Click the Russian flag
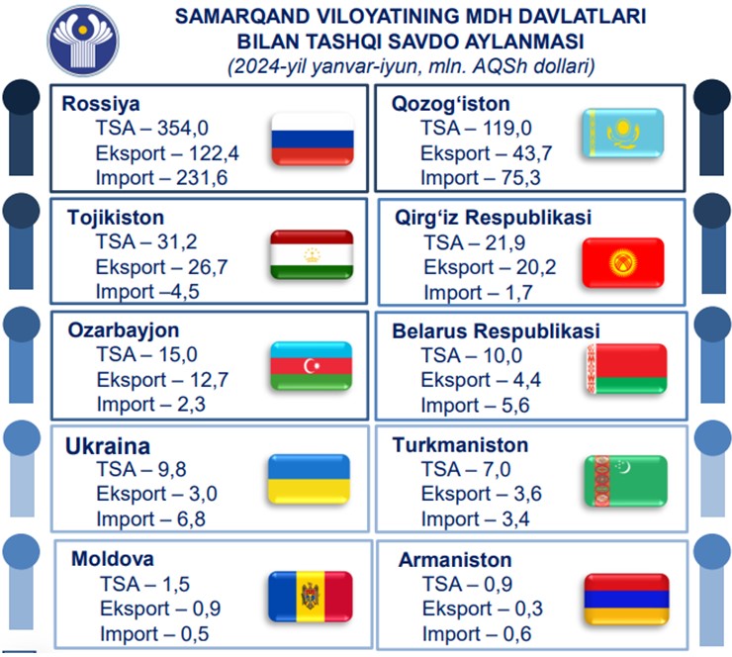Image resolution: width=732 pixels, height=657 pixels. [313, 139]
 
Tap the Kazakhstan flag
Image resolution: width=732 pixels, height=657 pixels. [623, 133]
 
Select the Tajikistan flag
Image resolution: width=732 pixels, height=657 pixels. [312, 254]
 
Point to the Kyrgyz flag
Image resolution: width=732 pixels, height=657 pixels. [623, 262]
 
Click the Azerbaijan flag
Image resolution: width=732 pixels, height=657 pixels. [312, 366]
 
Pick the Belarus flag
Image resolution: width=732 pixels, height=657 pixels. [626, 368]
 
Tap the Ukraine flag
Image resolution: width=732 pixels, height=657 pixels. [309, 479]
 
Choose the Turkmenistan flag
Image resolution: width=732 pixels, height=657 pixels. [625, 481]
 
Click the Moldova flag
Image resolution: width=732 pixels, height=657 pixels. [311, 597]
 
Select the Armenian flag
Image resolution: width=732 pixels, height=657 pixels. [626, 600]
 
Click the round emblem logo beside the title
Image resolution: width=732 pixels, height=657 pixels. [83, 41]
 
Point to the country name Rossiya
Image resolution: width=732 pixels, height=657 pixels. [101, 104]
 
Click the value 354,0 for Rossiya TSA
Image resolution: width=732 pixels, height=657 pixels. [183, 128]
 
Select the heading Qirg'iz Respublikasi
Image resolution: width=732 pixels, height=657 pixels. [493, 218]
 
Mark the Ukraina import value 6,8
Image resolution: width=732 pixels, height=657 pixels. [191, 519]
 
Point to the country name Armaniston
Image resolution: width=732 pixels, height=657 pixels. [455, 560]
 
